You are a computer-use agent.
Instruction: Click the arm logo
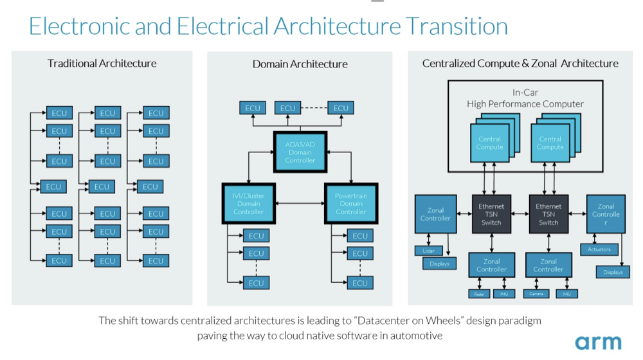tap(598, 342)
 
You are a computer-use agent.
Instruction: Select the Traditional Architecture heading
tap(102, 63)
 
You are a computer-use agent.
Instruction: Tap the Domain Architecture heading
tap(300, 64)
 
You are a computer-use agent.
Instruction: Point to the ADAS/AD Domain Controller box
tap(300, 152)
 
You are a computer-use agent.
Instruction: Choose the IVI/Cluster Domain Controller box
tap(248, 203)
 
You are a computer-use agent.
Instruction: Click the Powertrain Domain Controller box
tap(351, 203)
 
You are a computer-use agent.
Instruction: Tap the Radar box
tap(479, 294)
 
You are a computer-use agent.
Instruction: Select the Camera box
tap(537, 294)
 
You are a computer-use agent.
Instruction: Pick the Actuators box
tap(599, 249)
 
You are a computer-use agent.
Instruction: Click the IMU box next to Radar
tap(503, 294)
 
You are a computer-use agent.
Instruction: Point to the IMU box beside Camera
tap(566, 294)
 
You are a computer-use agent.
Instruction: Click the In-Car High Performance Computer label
tap(525, 98)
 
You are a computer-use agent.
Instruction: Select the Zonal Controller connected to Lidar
tap(435, 214)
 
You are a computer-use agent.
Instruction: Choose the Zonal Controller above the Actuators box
tap(606, 214)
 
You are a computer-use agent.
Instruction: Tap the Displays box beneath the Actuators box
tap(613, 272)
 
